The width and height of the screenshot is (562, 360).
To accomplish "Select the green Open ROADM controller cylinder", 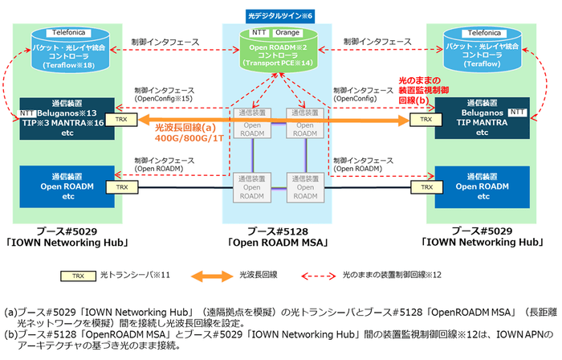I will pyautogui.click(x=280, y=52).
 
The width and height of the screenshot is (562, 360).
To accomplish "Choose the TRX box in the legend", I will pyautogui.click(x=76, y=274).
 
